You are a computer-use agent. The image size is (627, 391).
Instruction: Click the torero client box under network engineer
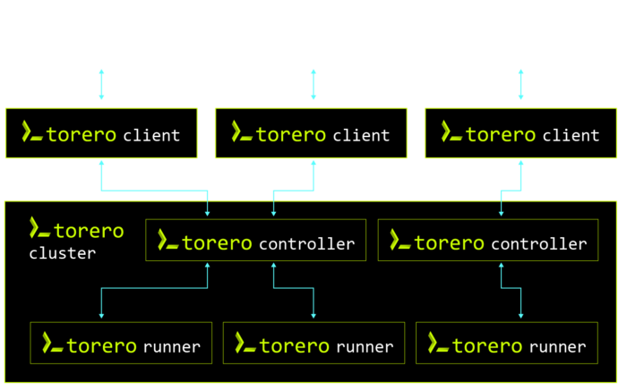click(101, 134)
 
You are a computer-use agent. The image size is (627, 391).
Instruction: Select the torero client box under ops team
click(311, 134)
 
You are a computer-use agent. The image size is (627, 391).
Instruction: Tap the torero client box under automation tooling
click(520, 134)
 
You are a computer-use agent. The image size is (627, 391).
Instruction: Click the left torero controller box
click(255, 241)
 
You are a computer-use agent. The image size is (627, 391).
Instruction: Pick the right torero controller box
click(487, 241)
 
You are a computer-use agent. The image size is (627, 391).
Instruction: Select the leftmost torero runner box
click(121, 344)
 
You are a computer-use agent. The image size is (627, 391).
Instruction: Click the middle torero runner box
click(313, 344)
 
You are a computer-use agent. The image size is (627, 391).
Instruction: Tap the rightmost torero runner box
click(507, 344)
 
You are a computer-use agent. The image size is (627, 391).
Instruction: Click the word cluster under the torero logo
click(62, 253)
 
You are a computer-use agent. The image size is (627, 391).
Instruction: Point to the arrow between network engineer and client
click(101, 84)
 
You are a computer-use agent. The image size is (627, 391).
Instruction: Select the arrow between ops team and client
click(313, 84)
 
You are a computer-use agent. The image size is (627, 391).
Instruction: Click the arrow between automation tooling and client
click(520, 84)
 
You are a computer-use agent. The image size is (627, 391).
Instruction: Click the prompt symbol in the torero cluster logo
click(39, 228)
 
